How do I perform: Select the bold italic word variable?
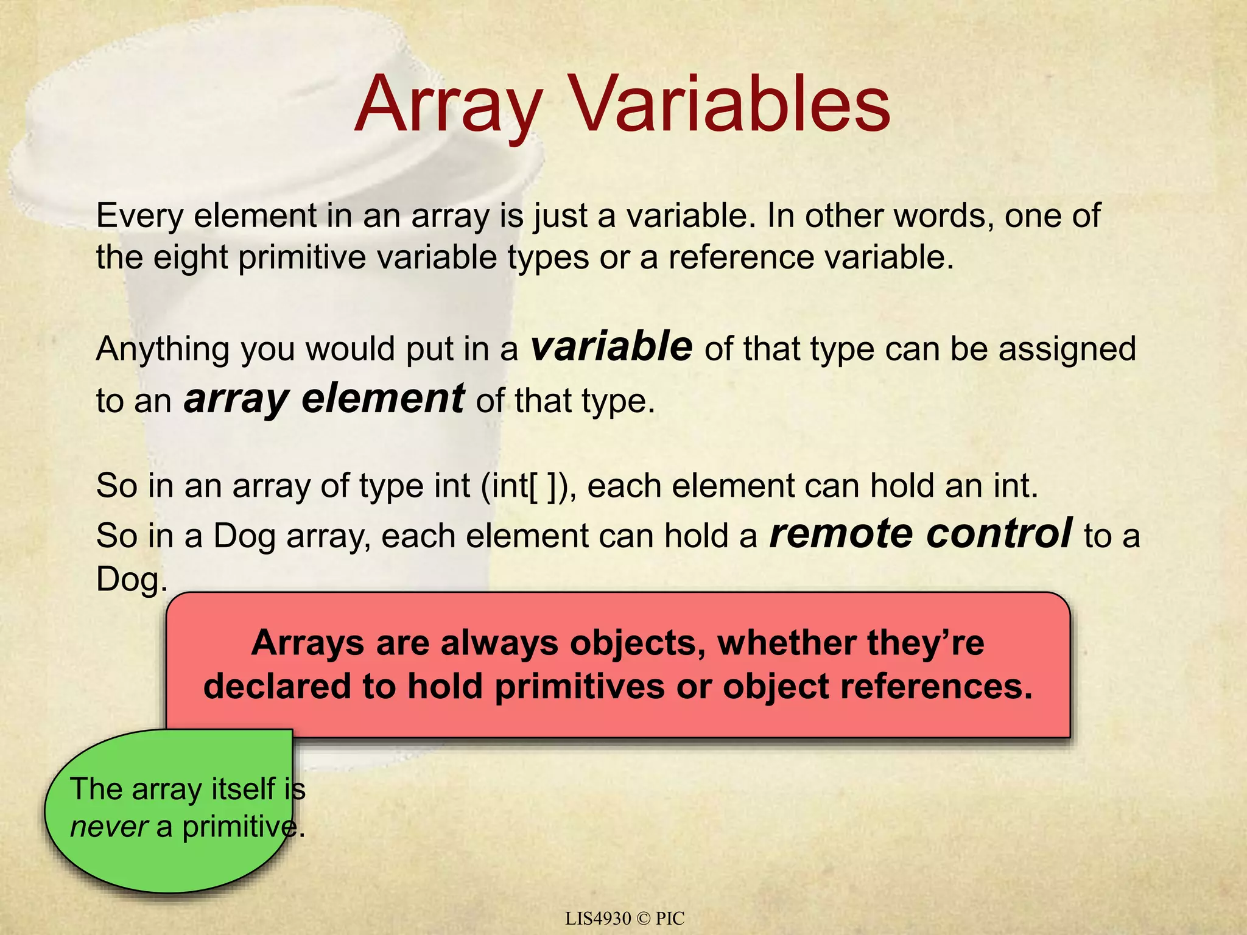point(611,347)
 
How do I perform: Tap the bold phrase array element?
point(324,399)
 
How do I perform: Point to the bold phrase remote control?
point(921,534)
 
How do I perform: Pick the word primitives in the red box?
point(579,687)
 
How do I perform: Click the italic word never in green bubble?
point(109,827)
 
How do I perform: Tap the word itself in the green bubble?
point(244,790)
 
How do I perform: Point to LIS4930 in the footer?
point(598,919)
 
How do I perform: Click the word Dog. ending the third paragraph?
point(132,579)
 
